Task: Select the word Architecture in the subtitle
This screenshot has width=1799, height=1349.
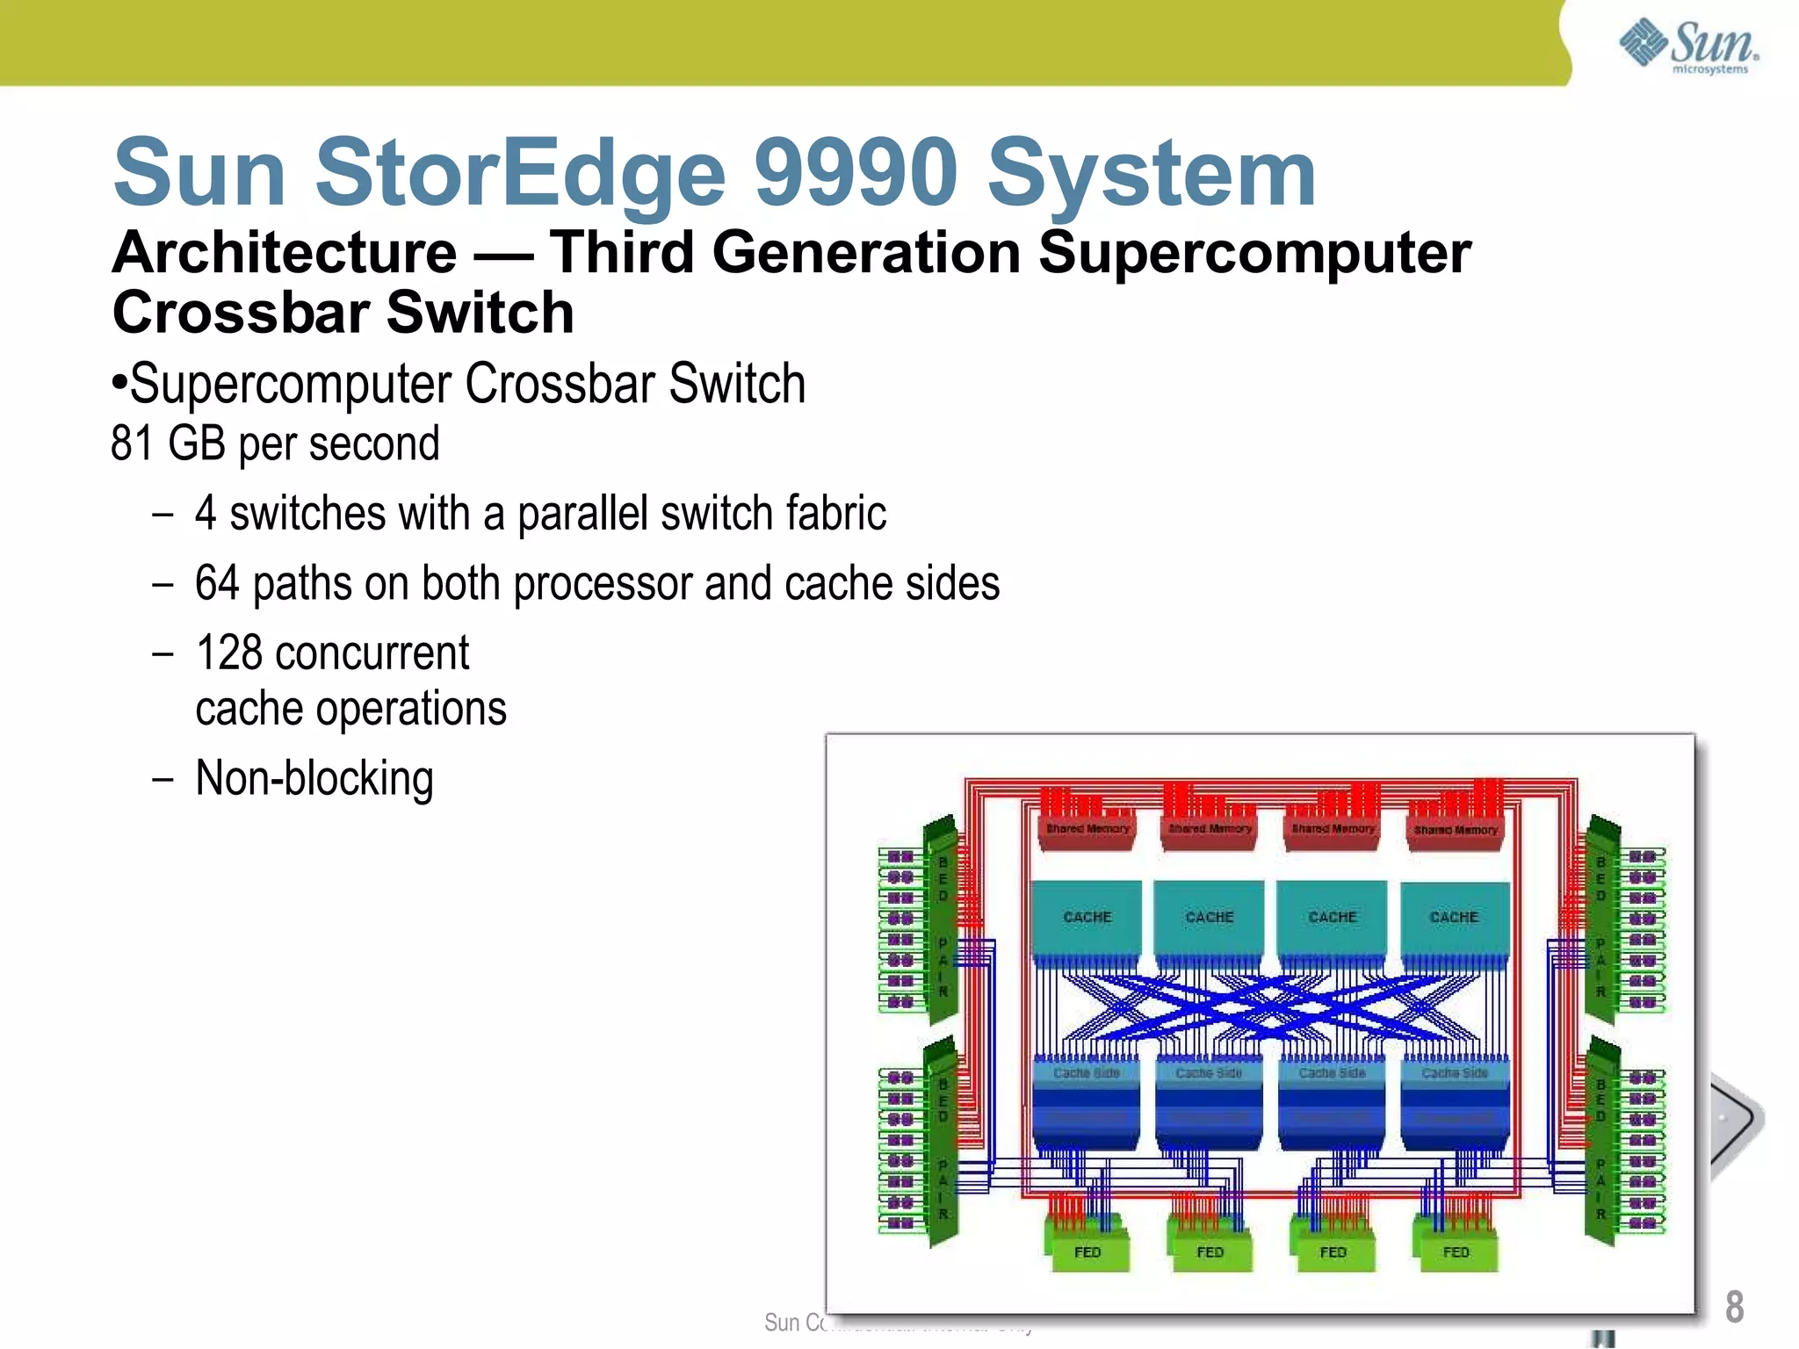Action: click(x=285, y=253)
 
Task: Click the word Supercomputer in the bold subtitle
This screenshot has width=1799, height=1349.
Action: click(x=1254, y=253)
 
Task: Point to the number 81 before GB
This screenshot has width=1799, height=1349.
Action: click(x=132, y=444)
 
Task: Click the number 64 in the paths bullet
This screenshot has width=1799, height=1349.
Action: click(x=216, y=583)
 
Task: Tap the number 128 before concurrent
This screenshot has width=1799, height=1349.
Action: click(x=228, y=653)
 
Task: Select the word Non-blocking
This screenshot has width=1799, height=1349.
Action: click(x=314, y=778)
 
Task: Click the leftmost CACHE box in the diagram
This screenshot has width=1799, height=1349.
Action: click(x=1087, y=917)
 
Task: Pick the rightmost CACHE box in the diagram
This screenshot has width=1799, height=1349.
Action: click(x=1454, y=917)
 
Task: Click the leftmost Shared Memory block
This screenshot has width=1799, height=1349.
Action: click(x=1087, y=829)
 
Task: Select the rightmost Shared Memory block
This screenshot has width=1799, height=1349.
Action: click(x=1456, y=830)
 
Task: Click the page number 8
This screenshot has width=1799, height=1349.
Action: click(x=1734, y=1307)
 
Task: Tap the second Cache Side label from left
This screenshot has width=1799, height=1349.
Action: click(x=1209, y=1073)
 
